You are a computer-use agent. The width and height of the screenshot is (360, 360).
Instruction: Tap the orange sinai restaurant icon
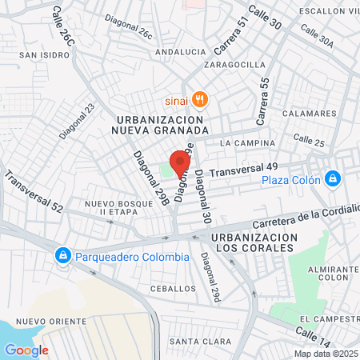tap(200, 100)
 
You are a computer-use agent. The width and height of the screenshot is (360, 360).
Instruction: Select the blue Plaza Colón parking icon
tap(332, 178)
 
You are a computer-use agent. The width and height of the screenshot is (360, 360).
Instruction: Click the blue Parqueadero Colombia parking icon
tap(62, 256)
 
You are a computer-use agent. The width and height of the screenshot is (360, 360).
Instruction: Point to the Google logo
tap(26, 350)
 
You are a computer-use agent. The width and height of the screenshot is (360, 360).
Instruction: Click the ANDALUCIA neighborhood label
tap(180, 51)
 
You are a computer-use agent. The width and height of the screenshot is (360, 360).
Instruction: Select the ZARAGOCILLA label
tap(234, 64)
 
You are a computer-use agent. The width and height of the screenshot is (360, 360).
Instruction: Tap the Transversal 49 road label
tap(243, 169)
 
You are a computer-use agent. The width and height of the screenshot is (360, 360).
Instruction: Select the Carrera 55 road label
tap(262, 100)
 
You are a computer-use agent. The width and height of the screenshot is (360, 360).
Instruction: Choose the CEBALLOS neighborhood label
tap(173, 288)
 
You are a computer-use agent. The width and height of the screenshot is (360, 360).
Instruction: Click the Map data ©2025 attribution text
tap(326, 354)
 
